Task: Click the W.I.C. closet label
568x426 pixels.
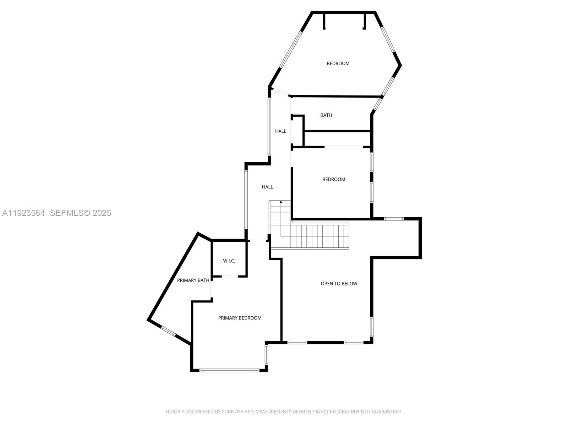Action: pos(229,261)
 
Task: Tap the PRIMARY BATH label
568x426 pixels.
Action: pos(193,280)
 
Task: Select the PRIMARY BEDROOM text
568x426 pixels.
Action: pos(240,318)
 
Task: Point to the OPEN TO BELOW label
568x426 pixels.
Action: pos(339,284)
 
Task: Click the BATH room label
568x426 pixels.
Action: pos(326,115)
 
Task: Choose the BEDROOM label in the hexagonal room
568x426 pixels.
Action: pos(338,64)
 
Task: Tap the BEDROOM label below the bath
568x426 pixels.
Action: pos(334,180)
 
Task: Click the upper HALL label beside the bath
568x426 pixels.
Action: pos(280,131)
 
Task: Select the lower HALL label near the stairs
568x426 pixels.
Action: pos(267,187)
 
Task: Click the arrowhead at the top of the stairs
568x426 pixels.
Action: pos(281,202)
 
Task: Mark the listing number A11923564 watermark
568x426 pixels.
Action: pos(23,213)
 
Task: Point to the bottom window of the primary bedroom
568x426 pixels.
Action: pos(229,370)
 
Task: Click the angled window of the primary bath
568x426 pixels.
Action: pos(168,331)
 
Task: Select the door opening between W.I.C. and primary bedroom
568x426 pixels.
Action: pos(230,276)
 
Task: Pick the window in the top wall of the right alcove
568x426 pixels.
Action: pos(394,219)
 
